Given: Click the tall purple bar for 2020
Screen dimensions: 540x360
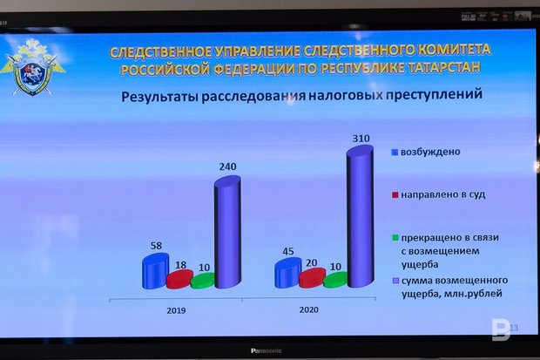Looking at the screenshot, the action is pos(360,216).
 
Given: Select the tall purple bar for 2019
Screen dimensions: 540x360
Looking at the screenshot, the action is pos(227,232).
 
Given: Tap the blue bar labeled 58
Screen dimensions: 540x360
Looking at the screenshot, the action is pos(156,271).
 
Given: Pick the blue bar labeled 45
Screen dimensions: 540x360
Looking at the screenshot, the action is pos(288,273).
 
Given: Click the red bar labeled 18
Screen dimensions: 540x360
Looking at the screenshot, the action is pos(179,279).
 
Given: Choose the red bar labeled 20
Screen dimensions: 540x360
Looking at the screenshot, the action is pos(312,277).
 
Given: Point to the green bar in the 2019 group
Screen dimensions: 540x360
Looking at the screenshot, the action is pos(203,281).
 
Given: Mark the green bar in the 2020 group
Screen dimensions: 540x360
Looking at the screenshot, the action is pos(335,280).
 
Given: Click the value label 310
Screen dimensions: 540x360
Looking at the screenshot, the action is pos(361,139).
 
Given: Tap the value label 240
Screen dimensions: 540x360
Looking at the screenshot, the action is pos(227,166).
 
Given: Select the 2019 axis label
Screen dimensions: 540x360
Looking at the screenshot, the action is pos(176,310).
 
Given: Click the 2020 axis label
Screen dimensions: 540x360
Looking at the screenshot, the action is pos(308,310).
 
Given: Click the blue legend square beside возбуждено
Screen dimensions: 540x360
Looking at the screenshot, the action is pos(395,152).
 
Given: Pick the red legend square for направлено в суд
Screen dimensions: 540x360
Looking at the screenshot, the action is pos(395,195).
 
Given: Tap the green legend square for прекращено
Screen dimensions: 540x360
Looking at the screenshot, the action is pos(395,238).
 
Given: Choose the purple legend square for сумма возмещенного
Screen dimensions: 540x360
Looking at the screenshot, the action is pos(395,281).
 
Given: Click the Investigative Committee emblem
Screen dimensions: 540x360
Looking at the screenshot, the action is pos(33,67).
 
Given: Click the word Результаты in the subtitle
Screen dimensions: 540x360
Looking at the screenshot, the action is pos(159,97).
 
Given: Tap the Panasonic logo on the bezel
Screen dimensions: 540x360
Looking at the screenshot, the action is pos(266,350).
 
